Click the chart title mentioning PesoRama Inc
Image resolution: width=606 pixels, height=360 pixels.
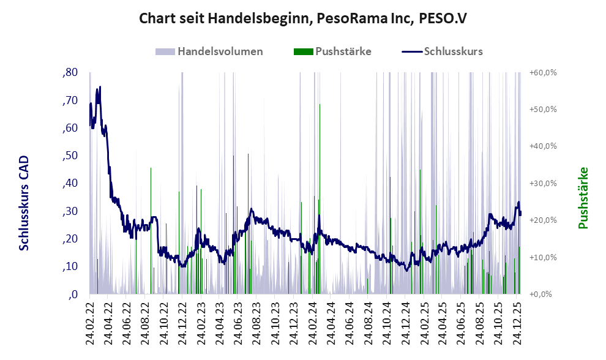pos(303,18)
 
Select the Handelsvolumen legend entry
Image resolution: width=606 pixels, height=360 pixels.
pos(219,51)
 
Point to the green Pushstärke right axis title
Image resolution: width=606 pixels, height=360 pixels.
pos(583,198)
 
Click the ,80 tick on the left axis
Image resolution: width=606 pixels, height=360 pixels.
pos(70,73)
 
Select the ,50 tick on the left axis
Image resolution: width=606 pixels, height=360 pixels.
pos(70,156)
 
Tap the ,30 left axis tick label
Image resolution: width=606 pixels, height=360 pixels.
pos(70,211)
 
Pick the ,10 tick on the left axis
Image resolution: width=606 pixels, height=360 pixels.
pos(70,266)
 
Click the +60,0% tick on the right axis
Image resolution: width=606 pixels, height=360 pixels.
pos(543,73)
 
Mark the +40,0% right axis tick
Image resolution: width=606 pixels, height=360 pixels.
pos(543,146)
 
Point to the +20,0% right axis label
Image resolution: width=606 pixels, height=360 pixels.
pos(543,220)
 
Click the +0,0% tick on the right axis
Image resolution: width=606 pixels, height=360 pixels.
pos(541,294)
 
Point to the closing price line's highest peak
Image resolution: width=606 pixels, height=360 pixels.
pos(100,87)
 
